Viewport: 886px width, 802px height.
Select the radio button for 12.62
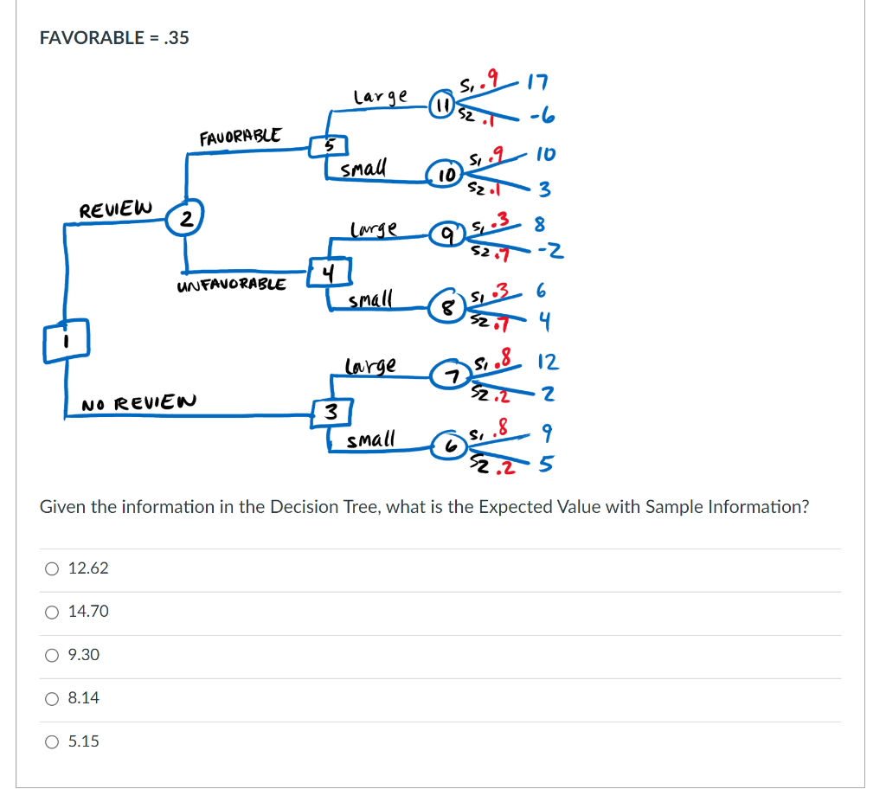tap(53, 568)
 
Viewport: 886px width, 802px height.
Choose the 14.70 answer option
tap(53, 612)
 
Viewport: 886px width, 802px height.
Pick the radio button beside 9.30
tap(53, 655)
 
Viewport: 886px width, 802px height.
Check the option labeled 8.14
tap(53, 698)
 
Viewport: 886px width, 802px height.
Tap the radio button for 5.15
tap(53, 741)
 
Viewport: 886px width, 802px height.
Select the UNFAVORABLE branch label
tap(231, 284)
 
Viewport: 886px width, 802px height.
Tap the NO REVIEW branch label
tap(138, 402)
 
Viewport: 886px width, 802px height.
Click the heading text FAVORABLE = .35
tap(114, 37)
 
